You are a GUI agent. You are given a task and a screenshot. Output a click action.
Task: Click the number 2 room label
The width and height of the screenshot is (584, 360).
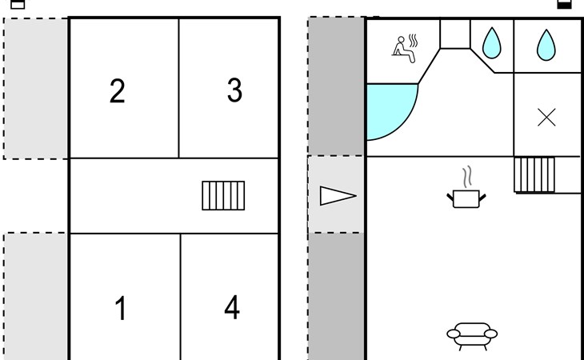click(x=118, y=91)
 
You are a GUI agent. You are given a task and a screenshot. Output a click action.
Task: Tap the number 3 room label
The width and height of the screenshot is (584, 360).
click(x=234, y=90)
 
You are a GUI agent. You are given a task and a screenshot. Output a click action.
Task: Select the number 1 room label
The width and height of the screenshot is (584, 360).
click(x=121, y=308)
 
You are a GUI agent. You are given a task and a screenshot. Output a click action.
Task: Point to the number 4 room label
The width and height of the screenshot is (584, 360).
click(x=232, y=307)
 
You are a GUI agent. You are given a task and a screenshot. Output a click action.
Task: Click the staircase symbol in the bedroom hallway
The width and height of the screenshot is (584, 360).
click(x=223, y=195)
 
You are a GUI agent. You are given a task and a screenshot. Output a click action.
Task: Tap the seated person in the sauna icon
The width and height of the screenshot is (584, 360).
click(x=403, y=50)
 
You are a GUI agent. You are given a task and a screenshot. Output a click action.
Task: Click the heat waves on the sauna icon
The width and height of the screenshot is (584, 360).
click(x=413, y=41)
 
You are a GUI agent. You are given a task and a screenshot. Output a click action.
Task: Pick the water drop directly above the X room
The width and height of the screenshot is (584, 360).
click(x=546, y=45)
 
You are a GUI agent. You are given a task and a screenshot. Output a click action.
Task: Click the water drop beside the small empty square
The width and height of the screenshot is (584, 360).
click(x=492, y=43)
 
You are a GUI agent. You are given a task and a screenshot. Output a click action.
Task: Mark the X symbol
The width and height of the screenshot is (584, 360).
click(x=546, y=118)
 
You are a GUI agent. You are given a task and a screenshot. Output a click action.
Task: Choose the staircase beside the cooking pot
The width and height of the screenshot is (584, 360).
click(x=534, y=174)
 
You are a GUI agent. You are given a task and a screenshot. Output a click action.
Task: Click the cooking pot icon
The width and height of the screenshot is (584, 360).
click(x=466, y=199)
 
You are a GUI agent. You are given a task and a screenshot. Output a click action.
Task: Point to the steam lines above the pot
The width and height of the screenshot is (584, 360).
click(x=467, y=177)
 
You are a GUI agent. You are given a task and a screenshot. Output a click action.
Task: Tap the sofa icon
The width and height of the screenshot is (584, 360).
click(x=472, y=336)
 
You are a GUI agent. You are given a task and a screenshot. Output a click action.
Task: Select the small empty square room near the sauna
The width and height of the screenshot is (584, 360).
click(x=455, y=34)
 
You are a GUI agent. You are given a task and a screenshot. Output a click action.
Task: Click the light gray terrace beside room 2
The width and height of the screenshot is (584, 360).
click(x=36, y=89)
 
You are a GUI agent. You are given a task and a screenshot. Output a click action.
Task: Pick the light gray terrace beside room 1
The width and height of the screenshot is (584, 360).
click(x=36, y=296)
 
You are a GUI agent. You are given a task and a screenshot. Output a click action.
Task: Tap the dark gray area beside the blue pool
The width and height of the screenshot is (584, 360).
click(x=336, y=86)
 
